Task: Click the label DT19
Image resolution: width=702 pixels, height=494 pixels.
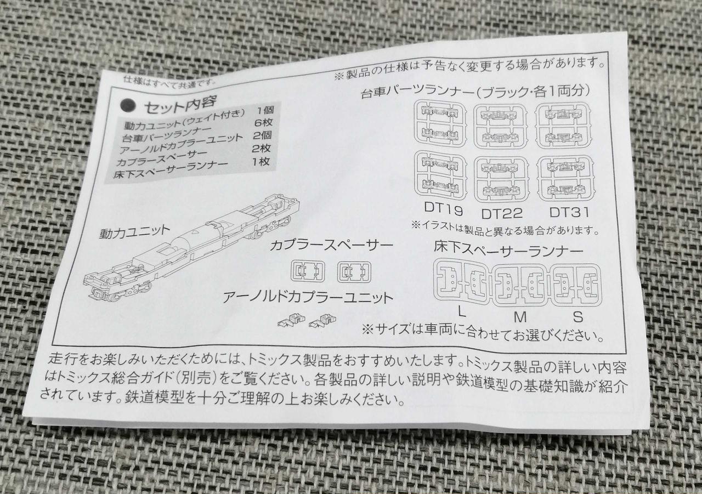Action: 443,208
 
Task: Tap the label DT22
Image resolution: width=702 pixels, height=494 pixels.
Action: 502,213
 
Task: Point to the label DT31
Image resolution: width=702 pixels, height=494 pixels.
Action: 569,212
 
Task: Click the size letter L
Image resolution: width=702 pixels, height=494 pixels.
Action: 461,311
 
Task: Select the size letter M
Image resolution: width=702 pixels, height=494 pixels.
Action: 520,317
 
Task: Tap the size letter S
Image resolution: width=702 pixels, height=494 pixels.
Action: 578,317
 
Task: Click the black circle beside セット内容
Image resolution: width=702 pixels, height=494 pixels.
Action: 128,106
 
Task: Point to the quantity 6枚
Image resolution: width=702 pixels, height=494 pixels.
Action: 263,122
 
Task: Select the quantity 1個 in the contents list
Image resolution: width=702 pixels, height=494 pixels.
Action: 265,110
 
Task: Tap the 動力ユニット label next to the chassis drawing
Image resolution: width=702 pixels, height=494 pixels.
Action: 134,232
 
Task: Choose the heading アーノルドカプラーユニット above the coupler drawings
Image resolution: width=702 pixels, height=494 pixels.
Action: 308,297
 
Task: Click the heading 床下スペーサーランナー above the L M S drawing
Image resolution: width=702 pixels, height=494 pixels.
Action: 508,249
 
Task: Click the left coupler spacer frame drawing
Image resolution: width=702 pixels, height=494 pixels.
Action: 308,271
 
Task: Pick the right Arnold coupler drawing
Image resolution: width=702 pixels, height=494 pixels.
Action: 321,320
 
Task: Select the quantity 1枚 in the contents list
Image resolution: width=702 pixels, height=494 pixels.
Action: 261,162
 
